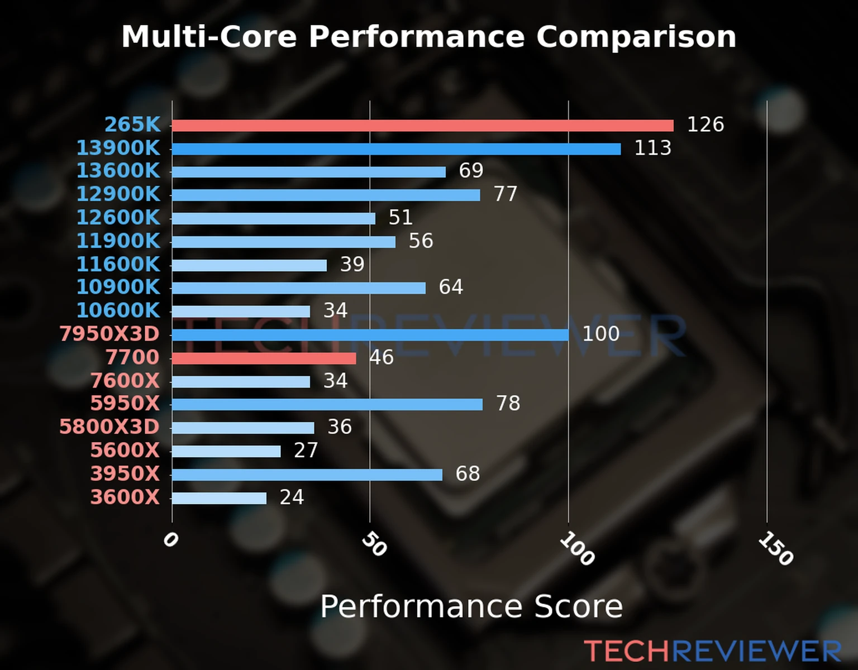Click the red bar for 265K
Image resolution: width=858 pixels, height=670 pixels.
(422, 126)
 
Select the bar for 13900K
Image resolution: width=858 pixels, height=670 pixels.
(396, 149)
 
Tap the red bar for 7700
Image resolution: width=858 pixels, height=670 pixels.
(264, 358)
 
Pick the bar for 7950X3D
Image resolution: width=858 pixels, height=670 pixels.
(370, 335)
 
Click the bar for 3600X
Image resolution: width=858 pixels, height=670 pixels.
(219, 498)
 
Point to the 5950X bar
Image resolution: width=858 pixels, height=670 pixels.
(327, 404)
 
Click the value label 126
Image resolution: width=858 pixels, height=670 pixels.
(705, 125)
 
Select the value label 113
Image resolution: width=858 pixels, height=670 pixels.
(652, 148)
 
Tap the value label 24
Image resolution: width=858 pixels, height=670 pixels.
(292, 497)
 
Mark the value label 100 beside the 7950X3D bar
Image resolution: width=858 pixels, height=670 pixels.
(600, 334)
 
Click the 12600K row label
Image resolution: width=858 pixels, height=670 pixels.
(118, 217)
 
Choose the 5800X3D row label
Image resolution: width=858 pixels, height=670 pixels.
(109, 427)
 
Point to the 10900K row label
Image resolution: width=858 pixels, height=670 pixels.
(118, 287)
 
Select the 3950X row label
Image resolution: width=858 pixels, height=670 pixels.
(125, 474)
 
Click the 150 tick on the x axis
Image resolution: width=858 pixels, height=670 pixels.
(775, 548)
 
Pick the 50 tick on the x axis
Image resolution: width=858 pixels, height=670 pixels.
(374, 544)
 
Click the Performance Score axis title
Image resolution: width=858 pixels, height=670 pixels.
(471, 606)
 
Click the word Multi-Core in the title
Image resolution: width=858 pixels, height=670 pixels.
(209, 37)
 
